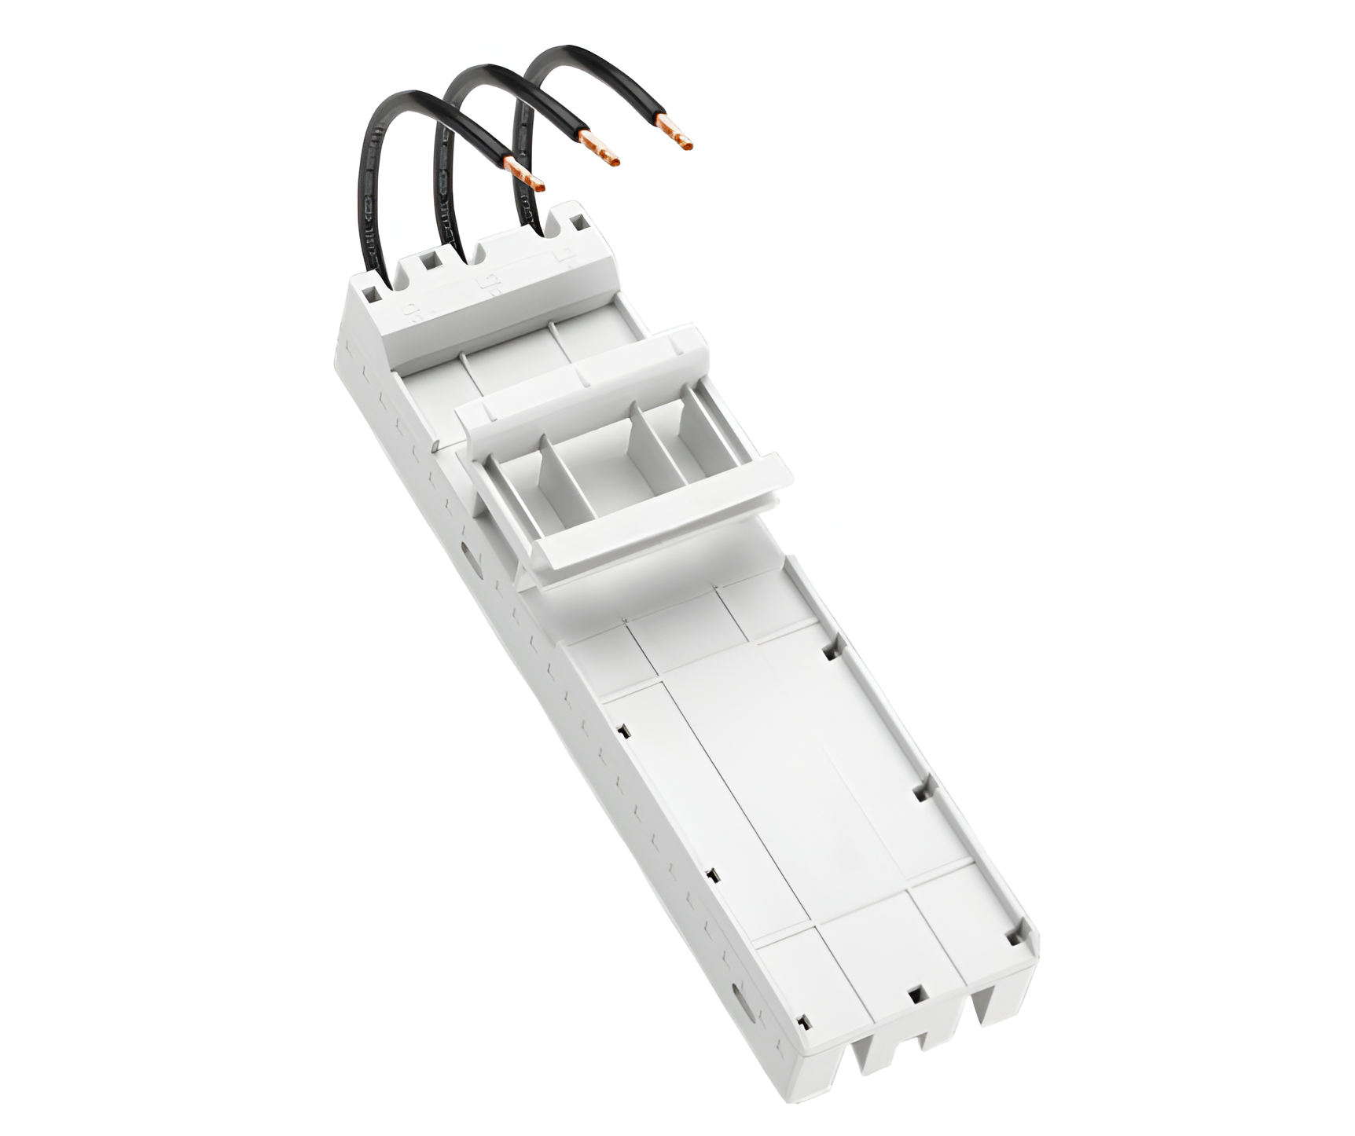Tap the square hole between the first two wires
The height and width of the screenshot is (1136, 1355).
[430, 264]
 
